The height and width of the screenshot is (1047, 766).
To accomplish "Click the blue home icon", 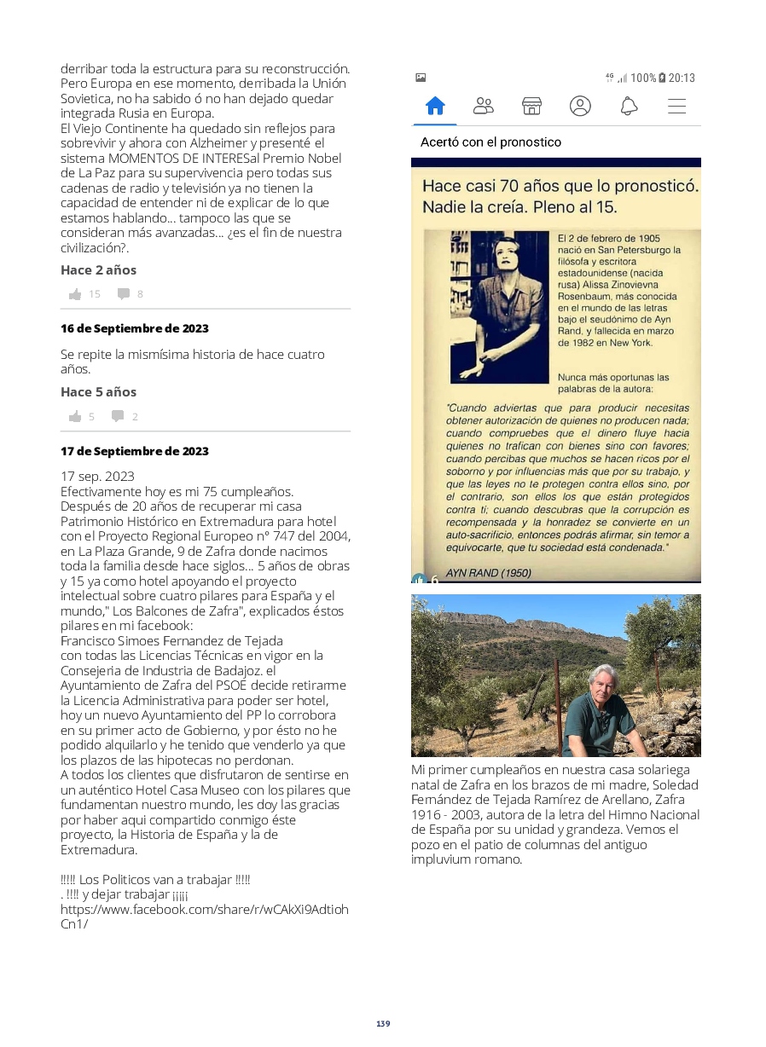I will click(435, 106).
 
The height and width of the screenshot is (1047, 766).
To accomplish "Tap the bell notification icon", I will click(629, 106).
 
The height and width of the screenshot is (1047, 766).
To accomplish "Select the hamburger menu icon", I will click(676, 106).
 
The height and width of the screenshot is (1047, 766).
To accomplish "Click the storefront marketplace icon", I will click(531, 106).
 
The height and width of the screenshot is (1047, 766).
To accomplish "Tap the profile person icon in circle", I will click(580, 106).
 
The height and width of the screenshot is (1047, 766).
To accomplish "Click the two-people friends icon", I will click(483, 106).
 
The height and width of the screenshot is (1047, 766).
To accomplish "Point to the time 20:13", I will click(682, 78).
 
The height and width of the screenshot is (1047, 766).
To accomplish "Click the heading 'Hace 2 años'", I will click(98, 270).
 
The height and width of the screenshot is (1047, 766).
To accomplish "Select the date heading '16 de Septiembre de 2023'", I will click(134, 328).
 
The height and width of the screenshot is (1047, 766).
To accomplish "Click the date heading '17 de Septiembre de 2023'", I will click(134, 451).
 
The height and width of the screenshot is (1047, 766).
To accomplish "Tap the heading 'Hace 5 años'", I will click(98, 392).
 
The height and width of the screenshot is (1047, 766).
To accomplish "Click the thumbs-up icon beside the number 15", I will click(75, 294).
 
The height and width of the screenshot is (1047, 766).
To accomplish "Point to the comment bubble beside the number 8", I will click(124, 294).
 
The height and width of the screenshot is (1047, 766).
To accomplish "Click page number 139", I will click(383, 1023).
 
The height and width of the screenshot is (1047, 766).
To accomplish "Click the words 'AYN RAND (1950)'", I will click(488, 573).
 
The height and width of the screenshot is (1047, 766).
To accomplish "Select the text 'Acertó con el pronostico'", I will click(490, 142).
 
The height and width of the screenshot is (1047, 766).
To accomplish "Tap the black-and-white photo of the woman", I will click(499, 307).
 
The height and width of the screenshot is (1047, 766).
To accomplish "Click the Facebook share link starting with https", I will click(204, 917).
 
